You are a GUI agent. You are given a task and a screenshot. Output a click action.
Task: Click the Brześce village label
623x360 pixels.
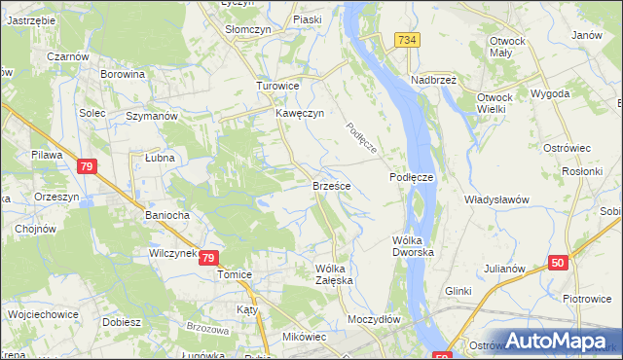[x=332, y=185]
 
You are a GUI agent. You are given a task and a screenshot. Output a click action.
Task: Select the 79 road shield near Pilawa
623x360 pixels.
[x=87, y=167]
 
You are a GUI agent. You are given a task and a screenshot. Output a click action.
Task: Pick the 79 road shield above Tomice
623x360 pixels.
[x=208, y=258]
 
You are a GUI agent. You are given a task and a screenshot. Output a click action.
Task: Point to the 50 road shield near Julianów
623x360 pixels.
[x=557, y=263]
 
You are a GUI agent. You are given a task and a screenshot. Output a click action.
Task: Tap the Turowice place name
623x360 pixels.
[x=277, y=86]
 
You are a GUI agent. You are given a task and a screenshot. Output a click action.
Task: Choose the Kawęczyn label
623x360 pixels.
[x=297, y=114]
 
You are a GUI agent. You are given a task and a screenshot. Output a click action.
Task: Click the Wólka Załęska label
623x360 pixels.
[x=335, y=274]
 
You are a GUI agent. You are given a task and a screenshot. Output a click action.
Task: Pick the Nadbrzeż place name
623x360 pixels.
[x=434, y=80]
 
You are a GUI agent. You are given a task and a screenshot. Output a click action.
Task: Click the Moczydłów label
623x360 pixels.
[x=375, y=319]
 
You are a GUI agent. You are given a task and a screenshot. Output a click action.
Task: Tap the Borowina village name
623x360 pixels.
[x=123, y=74]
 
